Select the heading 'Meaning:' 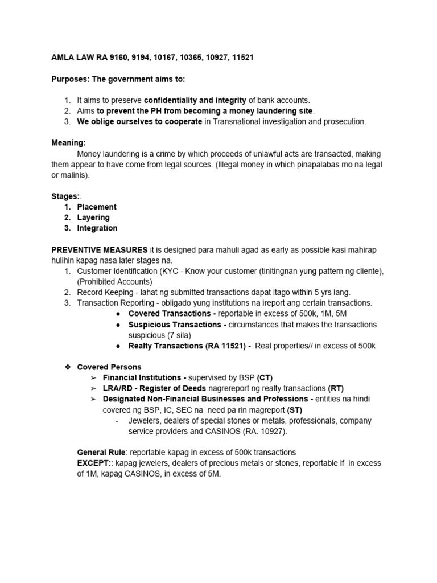(69, 143)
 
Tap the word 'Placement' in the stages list (97, 207)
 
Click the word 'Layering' (93, 217)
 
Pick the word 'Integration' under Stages (97, 228)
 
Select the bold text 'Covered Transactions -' (172, 314)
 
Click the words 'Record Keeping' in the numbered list (108, 292)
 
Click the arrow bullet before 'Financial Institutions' (93, 378)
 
